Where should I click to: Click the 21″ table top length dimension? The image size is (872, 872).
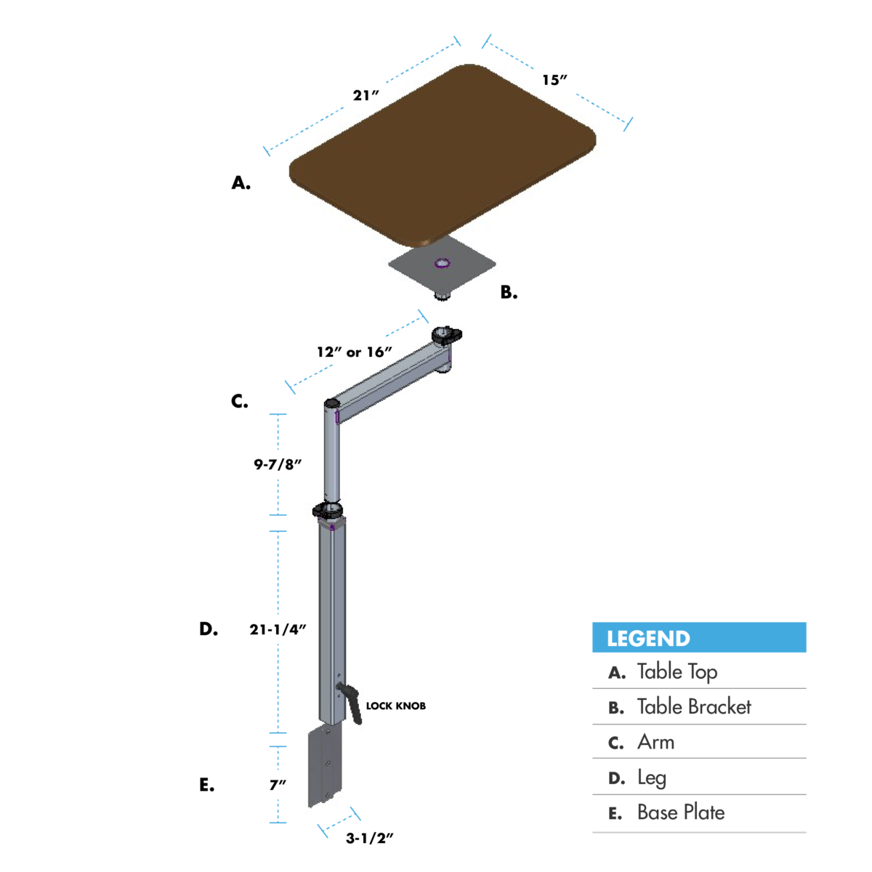click(366, 95)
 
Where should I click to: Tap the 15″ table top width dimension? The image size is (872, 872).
click(554, 80)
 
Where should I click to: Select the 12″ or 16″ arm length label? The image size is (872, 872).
click(354, 352)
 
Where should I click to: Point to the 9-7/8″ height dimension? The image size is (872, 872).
click(278, 464)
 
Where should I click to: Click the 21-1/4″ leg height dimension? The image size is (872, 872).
click(278, 629)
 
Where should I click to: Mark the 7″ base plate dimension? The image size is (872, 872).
click(278, 785)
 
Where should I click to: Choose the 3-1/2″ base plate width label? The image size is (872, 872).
click(369, 838)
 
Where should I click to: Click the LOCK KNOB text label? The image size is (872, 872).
click(395, 706)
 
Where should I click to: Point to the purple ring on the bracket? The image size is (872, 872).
click(442, 262)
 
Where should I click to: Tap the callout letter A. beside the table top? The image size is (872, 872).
click(241, 183)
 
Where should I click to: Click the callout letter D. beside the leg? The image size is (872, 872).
click(209, 629)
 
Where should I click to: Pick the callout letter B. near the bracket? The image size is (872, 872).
click(509, 293)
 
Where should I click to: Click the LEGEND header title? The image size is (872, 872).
click(648, 639)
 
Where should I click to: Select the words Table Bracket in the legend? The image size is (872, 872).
click(693, 707)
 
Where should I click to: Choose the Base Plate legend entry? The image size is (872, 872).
click(680, 812)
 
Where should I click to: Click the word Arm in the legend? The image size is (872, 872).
click(655, 742)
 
